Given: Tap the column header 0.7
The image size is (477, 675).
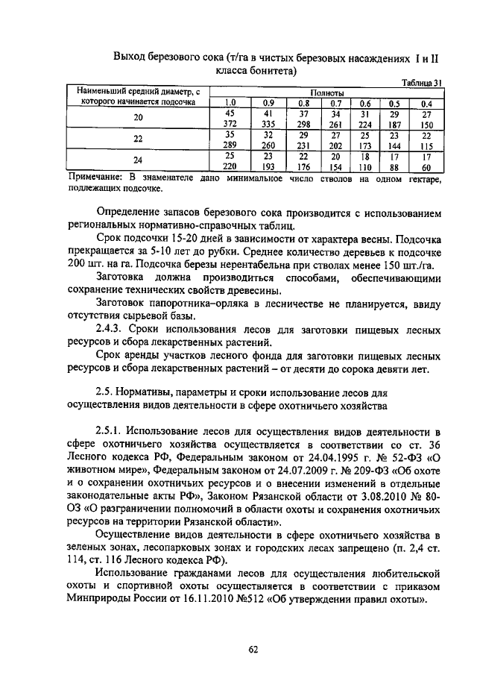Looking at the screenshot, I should tap(336, 103).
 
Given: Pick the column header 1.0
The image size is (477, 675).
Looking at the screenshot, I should tap(230, 103).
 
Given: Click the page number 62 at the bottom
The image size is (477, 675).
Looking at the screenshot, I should tap(253, 649).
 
